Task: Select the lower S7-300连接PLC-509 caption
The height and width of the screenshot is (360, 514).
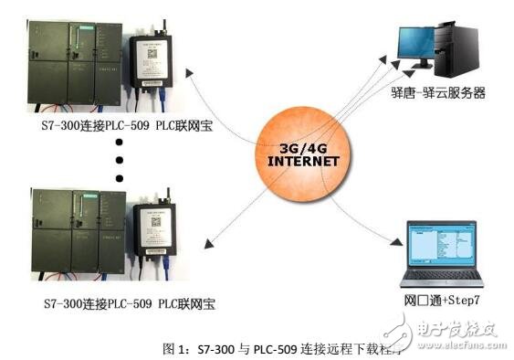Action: [123, 302]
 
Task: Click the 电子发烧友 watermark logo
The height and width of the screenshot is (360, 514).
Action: [456, 327]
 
